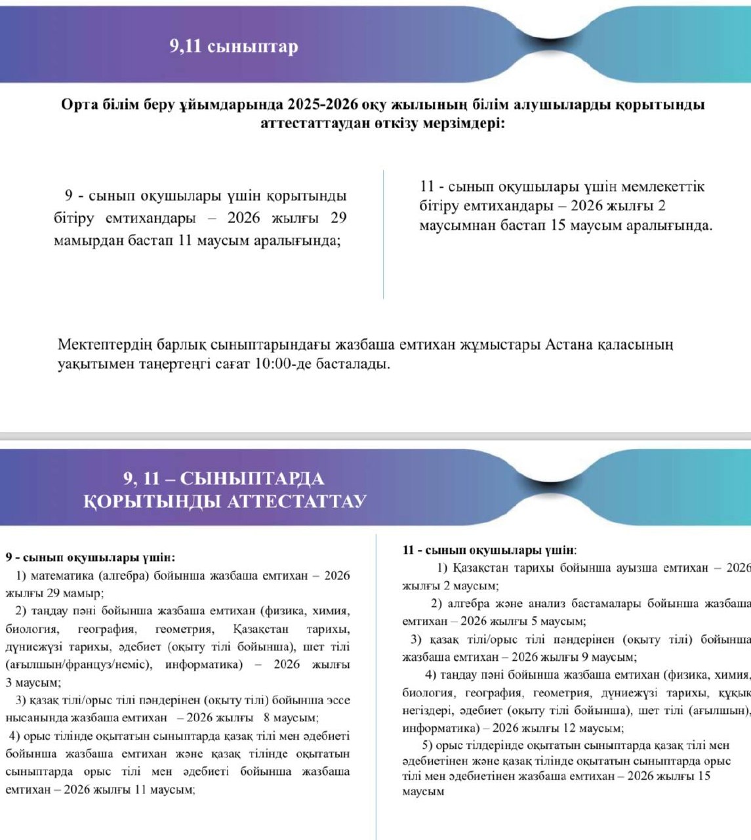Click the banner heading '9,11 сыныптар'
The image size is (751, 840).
point(233,47)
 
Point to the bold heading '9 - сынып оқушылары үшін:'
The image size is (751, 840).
point(91,558)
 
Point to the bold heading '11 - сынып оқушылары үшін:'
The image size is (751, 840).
point(489,550)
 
